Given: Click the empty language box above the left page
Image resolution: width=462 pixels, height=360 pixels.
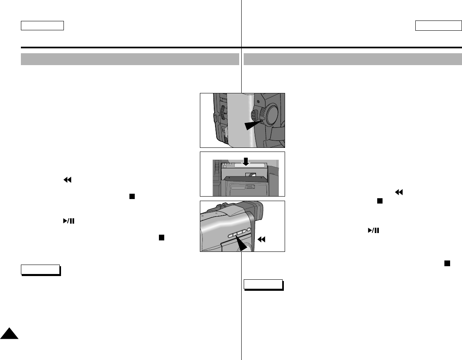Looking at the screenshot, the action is click(x=43, y=25).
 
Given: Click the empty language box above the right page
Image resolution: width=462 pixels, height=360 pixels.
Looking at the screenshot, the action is click(x=438, y=25).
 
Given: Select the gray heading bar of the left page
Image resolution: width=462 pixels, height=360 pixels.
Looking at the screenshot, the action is click(x=130, y=59).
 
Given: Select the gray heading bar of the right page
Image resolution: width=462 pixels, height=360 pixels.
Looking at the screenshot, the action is click(x=353, y=59).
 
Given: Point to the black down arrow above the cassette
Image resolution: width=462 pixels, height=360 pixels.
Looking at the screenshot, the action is click(x=245, y=161).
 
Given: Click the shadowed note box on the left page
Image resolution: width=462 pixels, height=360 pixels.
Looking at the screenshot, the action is click(x=41, y=270).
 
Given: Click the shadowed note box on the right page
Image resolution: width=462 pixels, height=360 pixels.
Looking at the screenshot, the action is click(x=263, y=285).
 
